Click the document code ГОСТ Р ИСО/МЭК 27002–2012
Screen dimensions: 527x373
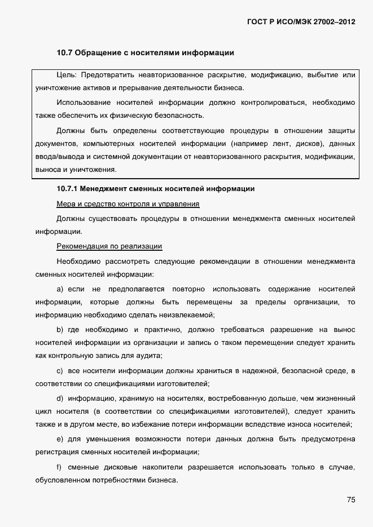(301, 22)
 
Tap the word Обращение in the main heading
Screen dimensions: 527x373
(99, 53)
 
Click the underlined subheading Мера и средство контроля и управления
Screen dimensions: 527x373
(128, 203)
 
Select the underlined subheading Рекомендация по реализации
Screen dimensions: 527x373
(109, 246)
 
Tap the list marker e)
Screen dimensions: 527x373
(60, 439)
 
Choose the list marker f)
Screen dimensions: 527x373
(59, 467)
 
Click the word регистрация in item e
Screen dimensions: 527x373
(56, 452)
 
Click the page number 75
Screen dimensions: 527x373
(350, 500)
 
